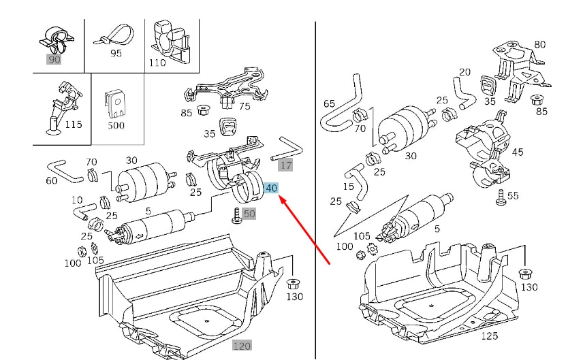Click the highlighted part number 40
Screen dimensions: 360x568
tap(271, 188)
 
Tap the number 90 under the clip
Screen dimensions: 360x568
tap(54, 59)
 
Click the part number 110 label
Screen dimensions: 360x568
tap(157, 63)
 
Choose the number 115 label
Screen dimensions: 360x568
tap(73, 125)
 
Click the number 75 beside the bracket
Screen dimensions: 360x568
tap(244, 105)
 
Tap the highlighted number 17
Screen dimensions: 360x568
tap(286, 165)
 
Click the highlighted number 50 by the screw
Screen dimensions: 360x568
tap(249, 214)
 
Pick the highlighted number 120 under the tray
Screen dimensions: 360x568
tap(242, 346)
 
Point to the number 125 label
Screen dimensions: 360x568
tap(489, 336)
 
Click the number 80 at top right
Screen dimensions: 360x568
tap(539, 45)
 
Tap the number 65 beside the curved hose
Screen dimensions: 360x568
tap(329, 103)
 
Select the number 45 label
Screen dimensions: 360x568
tap(518, 152)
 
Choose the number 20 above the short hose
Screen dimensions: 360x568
tap(464, 71)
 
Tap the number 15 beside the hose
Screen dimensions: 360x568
tap(349, 186)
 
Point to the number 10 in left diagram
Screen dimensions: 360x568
tap(76, 200)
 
